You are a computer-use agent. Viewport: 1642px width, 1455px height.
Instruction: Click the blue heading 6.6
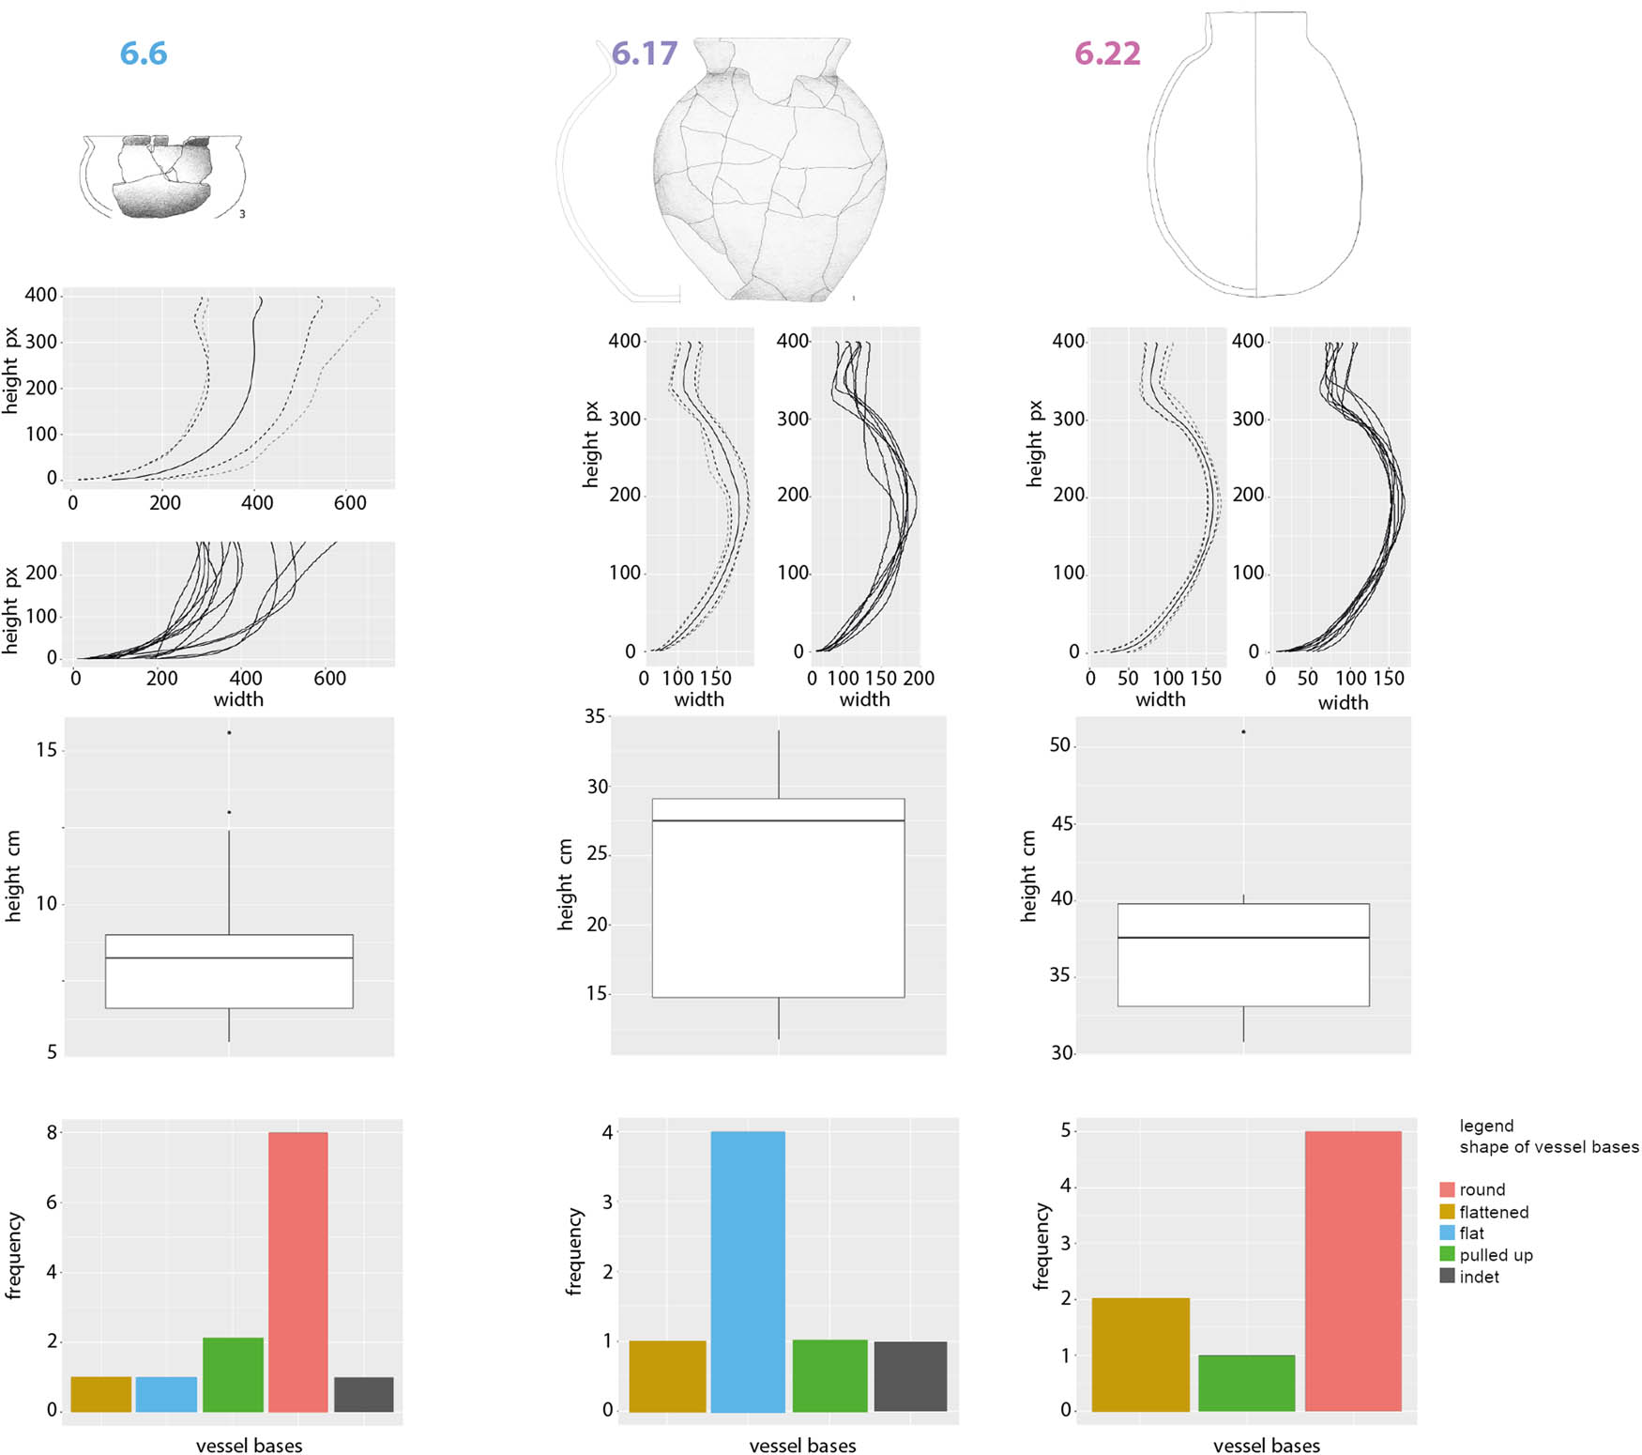(x=144, y=54)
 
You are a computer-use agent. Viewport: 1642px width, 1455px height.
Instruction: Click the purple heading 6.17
(x=644, y=54)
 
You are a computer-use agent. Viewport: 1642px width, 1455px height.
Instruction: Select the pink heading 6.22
(x=1107, y=54)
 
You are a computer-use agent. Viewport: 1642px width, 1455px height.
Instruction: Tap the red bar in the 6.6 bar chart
(x=297, y=1271)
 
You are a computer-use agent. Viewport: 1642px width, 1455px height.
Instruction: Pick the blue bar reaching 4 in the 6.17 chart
(x=748, y=1271)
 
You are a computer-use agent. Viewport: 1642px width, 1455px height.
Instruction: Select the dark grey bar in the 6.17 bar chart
(x=910, y=1376)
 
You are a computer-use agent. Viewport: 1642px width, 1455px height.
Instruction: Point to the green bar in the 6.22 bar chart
(x=1246, y=1383)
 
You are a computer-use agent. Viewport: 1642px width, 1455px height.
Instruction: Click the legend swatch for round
(x=1447, y=1189)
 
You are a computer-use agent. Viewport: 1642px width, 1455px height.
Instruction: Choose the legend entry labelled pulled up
(x=1496, y=1255)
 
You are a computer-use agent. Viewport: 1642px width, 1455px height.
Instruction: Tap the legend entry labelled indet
(x=1479, y=1277)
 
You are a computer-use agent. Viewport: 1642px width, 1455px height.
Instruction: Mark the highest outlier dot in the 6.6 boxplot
(x=229, y=732)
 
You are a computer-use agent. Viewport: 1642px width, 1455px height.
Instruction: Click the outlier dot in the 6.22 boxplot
(x=1243, y=731)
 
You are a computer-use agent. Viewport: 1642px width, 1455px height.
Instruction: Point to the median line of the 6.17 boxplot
(x=778, y=820)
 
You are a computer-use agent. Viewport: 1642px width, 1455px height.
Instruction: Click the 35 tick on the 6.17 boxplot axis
(x=595, y=716)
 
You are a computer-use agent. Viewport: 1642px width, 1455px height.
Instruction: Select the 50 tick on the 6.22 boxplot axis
(x=1059, y=744)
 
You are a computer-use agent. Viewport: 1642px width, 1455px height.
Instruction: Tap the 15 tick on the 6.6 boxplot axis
(x=46, y=750)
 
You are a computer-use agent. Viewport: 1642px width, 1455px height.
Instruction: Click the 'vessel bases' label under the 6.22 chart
(x=1266, y=1446)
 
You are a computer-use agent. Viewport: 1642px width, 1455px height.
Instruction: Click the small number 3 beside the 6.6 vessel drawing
(x=242, y=214)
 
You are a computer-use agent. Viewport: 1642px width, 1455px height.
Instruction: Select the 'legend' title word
(x=1486, y=1126)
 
